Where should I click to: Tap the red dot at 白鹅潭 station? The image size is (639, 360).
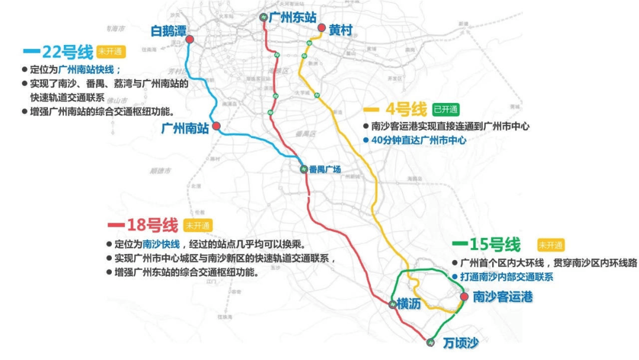coord(190,40)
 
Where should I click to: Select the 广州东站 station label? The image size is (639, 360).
coord(292,18)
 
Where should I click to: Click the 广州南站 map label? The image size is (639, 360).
coord(185,128)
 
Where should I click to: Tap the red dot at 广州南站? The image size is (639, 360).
coord(217,126)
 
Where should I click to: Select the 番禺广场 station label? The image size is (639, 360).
coord(325,170)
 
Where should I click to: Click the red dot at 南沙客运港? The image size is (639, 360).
coord(464,296)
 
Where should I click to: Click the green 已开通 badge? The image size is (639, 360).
coord(446,110)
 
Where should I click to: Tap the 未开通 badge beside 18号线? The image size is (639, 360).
coord(198,226)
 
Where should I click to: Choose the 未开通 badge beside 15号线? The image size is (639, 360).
coord(551,245)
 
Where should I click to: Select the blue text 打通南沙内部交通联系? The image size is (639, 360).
coord(506,277)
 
